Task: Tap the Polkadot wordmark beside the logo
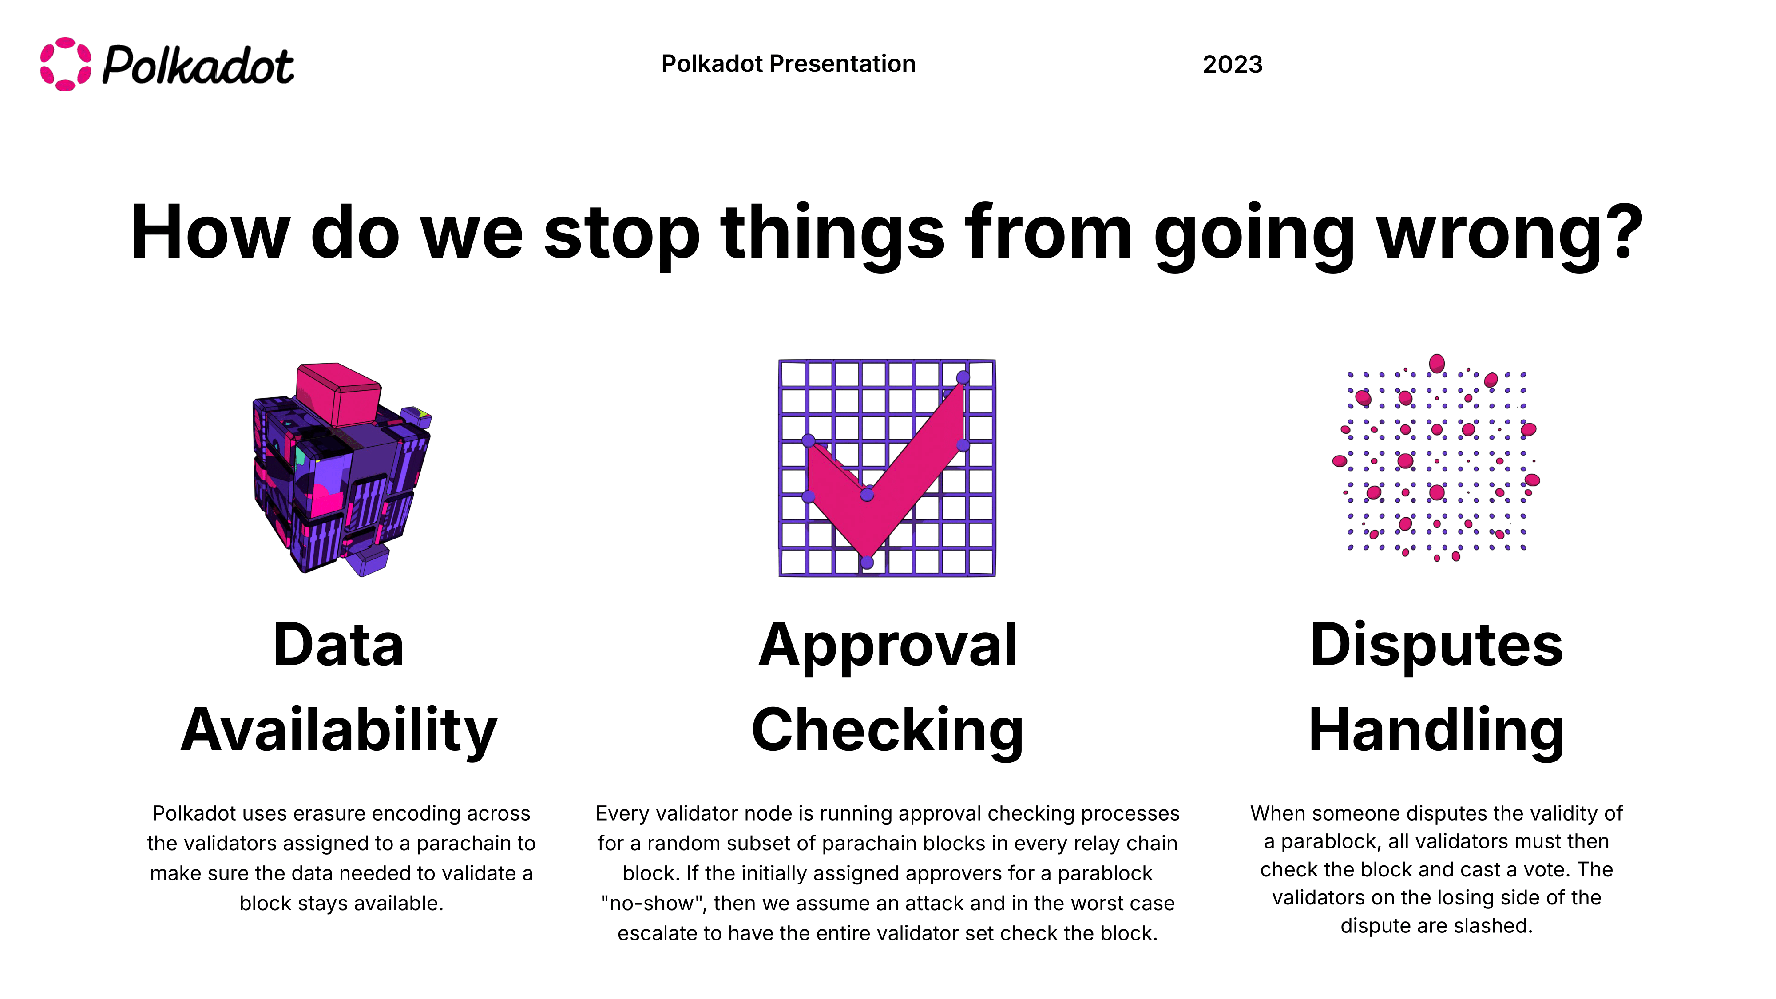tap(198, 66)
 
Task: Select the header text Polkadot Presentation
tap(788, 63)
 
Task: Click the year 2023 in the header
tap(1233, 64)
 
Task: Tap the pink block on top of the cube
tap(338, 395)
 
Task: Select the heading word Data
tap(338, 645)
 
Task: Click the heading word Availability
tap(338, 731)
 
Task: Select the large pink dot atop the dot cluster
tap(1437, 363)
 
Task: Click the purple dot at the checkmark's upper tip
tap(963, 377)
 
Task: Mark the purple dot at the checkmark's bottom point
tap(867, 563)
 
